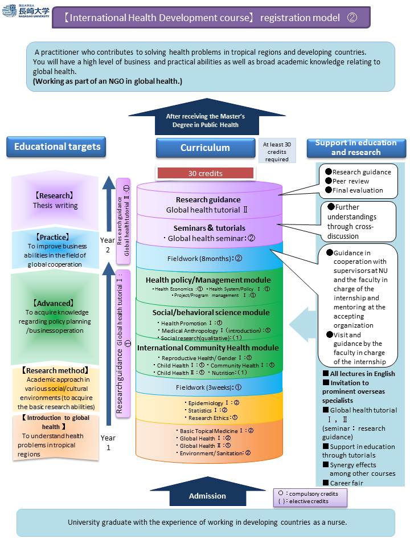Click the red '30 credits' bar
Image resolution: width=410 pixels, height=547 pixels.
point(205,173)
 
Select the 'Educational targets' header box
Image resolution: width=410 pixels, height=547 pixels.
point(57,147)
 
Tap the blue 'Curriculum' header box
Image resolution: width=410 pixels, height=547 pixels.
point(205,148)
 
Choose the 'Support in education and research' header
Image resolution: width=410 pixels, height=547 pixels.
point(356,148)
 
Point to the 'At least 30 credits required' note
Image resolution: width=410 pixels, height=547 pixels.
point(276,152)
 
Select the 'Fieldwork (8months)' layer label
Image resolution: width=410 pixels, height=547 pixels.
point(205,258)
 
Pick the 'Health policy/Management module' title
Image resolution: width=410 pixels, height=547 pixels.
point(208,280)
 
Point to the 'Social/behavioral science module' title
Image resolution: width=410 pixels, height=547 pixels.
point(211,312)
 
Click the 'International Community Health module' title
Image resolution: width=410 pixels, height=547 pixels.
point(208,348)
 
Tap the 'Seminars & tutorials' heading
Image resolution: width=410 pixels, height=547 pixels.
point(210,228)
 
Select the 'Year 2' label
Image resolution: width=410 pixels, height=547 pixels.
point(108,245)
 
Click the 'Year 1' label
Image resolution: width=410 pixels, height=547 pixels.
point(108,442)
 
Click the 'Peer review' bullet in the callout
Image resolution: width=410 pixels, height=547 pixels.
point(350,181)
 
